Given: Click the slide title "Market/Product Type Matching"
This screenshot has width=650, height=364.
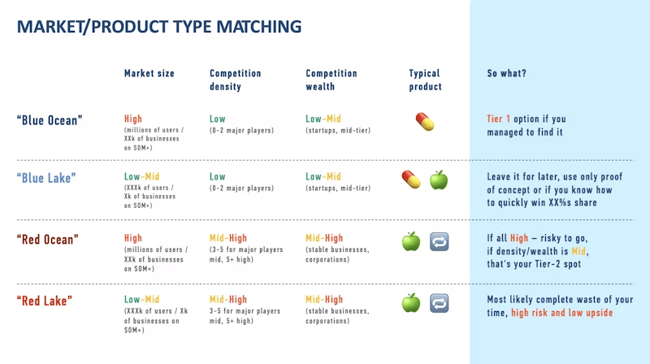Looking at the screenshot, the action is point(159,27).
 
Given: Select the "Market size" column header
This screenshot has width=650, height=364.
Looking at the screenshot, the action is point(149,73).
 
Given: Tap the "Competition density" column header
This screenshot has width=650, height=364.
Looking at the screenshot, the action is point(235,80).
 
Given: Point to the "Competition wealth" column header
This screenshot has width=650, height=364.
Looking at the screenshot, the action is point(331,80).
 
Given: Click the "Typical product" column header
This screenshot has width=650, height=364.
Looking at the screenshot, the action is point(425,80).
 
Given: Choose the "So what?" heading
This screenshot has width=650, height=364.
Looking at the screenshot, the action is point(506,73).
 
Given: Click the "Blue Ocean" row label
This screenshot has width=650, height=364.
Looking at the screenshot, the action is point(50,120).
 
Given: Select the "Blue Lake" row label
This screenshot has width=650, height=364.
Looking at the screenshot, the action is point(46,178).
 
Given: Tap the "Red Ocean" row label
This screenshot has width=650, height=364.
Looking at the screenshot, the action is point(48,240).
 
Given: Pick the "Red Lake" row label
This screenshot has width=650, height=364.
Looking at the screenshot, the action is point(45,301).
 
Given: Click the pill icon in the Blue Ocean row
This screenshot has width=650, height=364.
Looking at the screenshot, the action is point(425,122).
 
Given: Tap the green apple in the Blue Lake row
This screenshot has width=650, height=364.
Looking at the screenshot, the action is point(439,180).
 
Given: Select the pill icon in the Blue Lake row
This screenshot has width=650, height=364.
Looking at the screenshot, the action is point(411,180).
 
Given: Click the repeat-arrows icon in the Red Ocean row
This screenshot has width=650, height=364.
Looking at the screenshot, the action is point(439,241).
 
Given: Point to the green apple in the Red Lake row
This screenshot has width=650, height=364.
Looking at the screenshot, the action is point(411,303).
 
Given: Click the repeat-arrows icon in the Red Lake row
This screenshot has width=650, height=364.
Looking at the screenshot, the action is point(439,303).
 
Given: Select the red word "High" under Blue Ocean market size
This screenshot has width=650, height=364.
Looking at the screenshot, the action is point(133,119).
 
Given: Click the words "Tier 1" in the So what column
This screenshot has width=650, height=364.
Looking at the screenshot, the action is point(498,119).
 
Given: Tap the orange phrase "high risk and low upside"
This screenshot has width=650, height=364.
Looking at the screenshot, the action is point(561,313).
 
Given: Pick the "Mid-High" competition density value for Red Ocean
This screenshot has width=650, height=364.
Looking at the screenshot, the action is point(228,238).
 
